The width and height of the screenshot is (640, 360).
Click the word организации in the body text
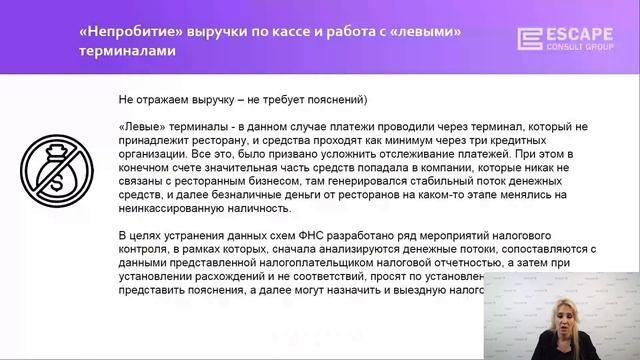(x=154, y=155)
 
